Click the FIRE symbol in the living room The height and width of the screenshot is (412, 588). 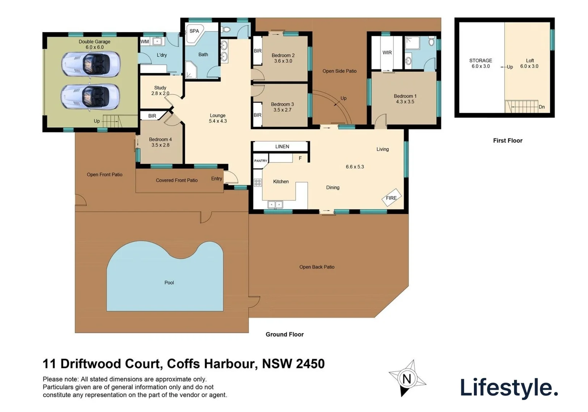391,198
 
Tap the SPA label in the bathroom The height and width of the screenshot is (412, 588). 194,31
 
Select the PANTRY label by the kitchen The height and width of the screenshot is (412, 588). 261,161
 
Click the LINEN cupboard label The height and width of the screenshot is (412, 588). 282,146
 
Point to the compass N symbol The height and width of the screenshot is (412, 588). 407,379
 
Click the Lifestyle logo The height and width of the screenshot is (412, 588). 509,388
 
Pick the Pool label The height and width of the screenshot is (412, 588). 169,283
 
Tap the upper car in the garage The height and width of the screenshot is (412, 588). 90,63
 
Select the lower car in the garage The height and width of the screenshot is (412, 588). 90,96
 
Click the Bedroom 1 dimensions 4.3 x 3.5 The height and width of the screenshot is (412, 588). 405,102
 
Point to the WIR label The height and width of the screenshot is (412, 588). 387,53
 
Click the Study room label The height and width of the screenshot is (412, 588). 160,88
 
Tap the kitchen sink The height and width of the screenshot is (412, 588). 275,205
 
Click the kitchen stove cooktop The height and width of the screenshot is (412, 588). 258,183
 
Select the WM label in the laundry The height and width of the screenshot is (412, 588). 145,42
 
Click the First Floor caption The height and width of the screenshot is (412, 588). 507,140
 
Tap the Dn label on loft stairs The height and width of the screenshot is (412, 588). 541,107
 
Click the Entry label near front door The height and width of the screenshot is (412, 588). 216,179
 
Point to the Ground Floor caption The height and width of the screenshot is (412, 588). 284,334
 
